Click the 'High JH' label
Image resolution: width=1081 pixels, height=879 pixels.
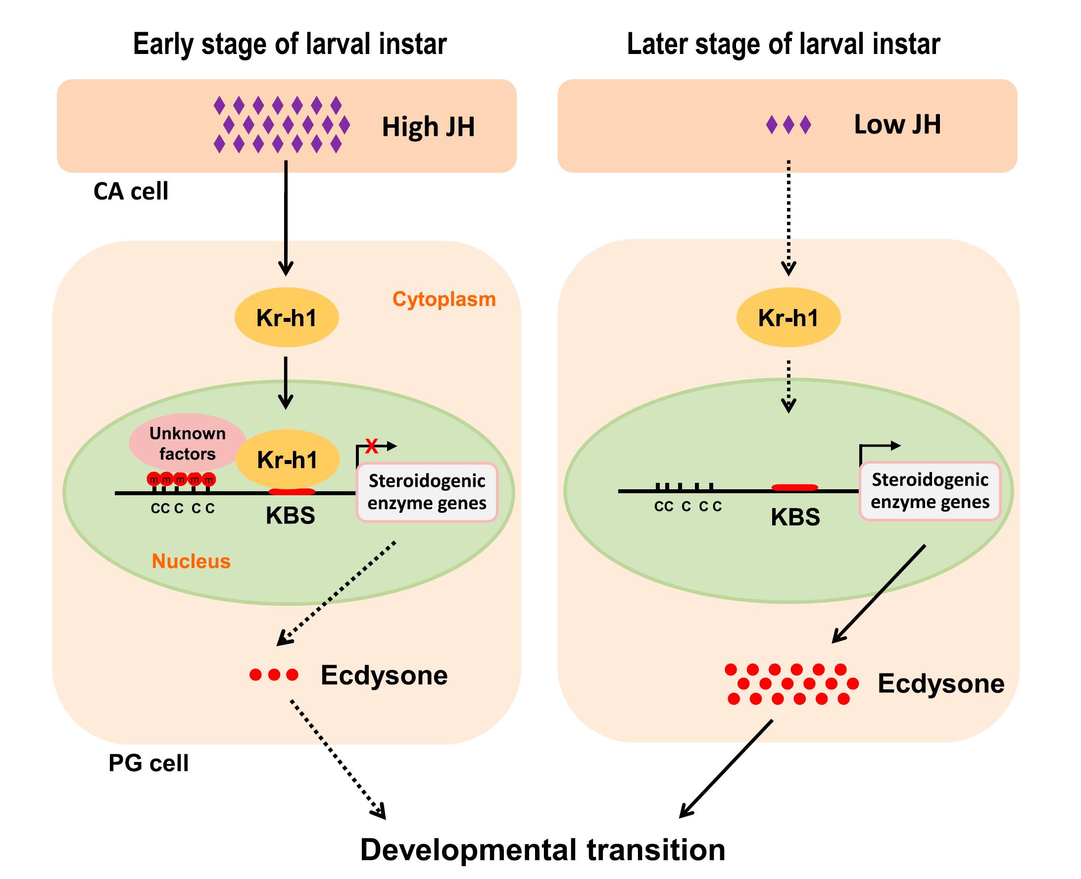pos(428,127)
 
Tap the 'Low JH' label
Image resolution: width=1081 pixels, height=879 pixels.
pos(897,124)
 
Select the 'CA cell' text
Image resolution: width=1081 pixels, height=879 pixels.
pos(131,191)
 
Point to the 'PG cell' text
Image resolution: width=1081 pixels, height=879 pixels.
pos(148,763)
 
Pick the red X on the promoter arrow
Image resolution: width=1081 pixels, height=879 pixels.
pos(371,446)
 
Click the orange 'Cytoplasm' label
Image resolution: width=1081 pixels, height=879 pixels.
pos(444,299)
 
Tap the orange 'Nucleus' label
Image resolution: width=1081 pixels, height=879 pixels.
pos(191,561)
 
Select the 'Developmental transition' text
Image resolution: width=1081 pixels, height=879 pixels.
pos(542,850)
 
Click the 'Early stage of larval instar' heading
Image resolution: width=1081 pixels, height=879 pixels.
pos(290,44)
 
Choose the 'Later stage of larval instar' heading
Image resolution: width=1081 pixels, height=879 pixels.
pos(784,44)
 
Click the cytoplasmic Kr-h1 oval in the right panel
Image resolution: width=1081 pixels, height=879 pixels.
pos(788,317)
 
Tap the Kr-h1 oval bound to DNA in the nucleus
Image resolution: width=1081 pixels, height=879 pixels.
pos(288,459)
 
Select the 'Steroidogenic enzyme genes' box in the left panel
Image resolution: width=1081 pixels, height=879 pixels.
pos(427,492)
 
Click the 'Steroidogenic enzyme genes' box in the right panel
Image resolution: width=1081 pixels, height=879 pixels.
pos(930,491)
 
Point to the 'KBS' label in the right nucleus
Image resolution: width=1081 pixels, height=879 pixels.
pos(795,517)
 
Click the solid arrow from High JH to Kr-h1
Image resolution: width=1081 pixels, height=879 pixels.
pos(286,218)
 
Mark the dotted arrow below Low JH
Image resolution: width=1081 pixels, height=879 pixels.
pos(788,218)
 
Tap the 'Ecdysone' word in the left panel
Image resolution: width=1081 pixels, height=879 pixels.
pos(384,675)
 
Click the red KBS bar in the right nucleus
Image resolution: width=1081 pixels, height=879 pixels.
pos(794,488)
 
